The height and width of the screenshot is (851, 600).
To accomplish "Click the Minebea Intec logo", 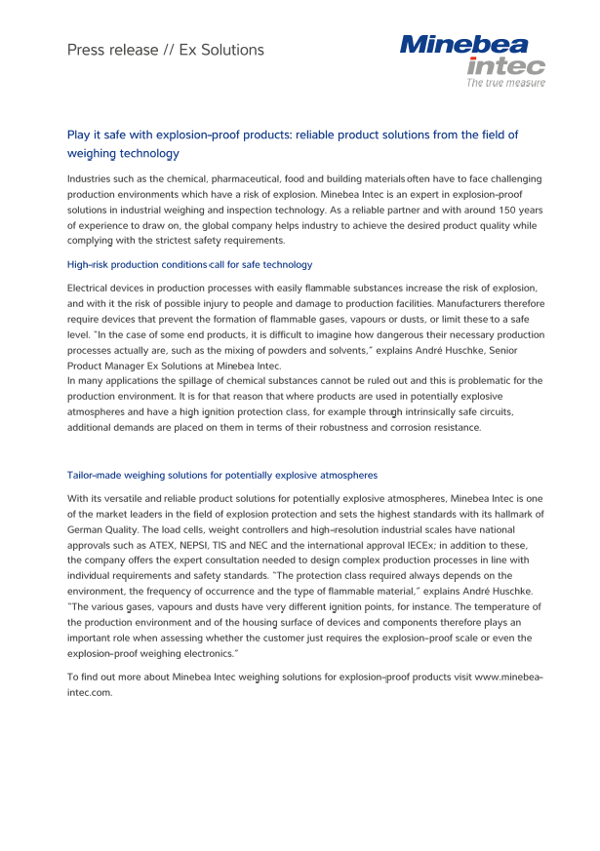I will tap(471, 56).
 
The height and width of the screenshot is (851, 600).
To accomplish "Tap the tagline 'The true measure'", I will tap(505, 83).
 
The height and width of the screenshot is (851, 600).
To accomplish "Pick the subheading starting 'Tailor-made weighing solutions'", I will tap(221, 475).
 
